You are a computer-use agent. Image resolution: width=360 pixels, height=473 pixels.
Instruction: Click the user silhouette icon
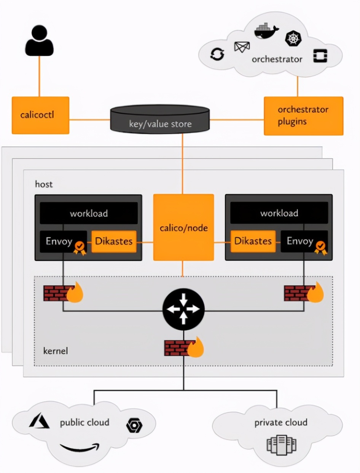pyautogui.click(x=39, y=41)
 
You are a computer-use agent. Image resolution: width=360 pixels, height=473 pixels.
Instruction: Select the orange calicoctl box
pyautogui.click(x=40, y=115)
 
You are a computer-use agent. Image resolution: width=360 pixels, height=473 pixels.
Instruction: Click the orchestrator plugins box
pyautogui.click(x=303, y=116)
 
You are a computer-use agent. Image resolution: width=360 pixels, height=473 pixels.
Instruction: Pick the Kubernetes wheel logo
pyautogui.click(x=293, y=38)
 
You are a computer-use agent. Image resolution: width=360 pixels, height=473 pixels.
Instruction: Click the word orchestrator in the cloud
pyautogui.click(x=277, y=59)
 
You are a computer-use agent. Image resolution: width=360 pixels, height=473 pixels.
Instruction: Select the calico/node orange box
pyautogui.click(x=183, y=227)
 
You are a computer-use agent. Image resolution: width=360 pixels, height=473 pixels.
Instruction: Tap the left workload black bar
pyautogui.click(x=89, y=213)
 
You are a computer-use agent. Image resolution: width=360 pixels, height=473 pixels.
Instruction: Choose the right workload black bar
pyautogui.click(x=279, y=213)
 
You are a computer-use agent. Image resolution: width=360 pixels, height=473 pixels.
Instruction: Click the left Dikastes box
pyautogui.click(x=114, y=241)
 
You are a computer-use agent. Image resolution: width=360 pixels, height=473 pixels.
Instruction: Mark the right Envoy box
pyautogui.click(x=300, y=241)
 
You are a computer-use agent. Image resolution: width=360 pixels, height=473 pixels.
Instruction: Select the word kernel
pyautogui.click(x=56, y=350)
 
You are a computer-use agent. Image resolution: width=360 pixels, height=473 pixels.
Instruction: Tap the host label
pyautogui.click(x=44, y=184)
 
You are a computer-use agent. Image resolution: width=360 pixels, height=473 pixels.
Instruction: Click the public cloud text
pyautogui.click(x=84, y=422)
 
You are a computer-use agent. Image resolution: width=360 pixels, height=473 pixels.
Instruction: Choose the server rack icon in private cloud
pyautogui.click(x=281, y=445)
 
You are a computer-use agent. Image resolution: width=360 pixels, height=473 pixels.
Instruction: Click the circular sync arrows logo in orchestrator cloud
pyautogui.click(x=217, y=54)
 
